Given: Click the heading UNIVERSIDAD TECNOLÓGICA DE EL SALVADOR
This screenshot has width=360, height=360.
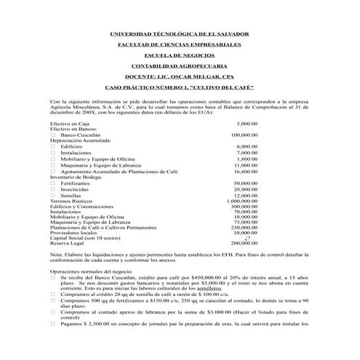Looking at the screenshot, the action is click(179, 34).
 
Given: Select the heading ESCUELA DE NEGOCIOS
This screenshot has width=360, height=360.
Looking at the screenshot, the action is click(179, 55).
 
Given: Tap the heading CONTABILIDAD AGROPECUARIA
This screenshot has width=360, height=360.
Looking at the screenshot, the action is click(179, 65).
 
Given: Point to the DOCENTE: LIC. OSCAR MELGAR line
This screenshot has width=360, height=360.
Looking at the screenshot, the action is click(179, 76).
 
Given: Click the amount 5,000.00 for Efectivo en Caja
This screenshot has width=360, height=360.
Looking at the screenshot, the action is click(247, 124).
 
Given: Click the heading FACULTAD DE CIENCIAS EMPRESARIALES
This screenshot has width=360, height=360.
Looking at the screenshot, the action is click(179, 44).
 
